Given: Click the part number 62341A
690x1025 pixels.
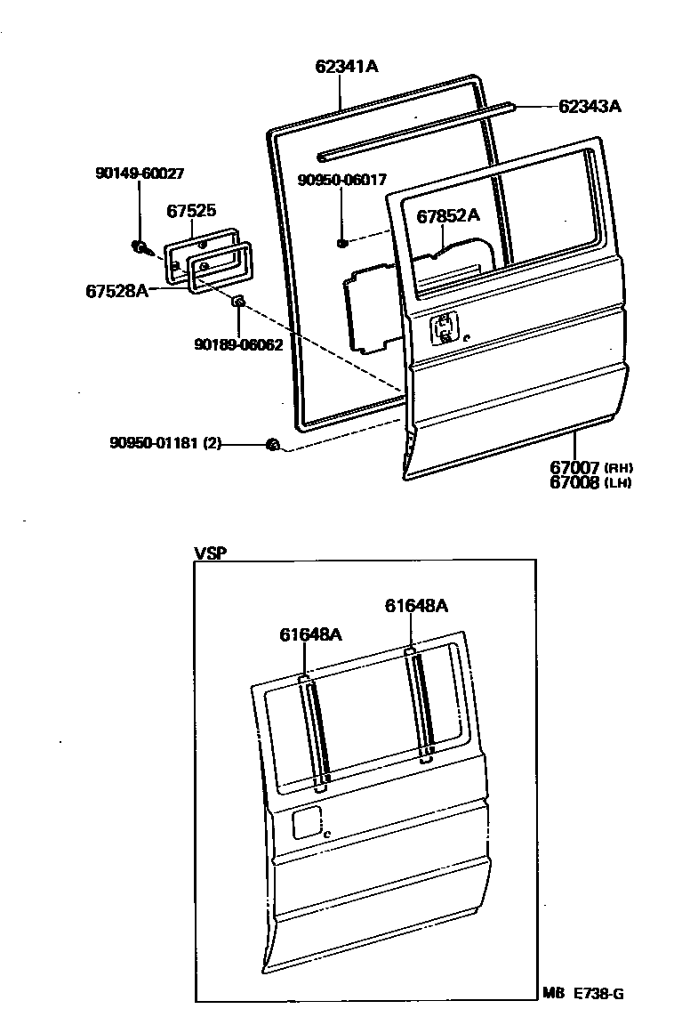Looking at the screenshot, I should point(347,66).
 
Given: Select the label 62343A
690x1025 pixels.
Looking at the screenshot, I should point(590,106).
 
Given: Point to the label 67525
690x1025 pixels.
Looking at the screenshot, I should point(191,211).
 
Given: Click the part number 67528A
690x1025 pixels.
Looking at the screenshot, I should point(116,290).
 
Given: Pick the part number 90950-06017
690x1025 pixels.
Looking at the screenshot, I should point(342,180).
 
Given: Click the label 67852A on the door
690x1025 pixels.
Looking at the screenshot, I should point(448,214).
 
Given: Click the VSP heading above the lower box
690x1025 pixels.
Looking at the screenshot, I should point(210,553).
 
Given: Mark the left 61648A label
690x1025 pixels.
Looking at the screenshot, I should point(310,634).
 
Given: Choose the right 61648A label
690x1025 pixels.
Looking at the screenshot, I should point(416,606).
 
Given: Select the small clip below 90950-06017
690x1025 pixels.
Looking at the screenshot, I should point(342,241).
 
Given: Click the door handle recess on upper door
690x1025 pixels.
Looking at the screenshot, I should point(445,328).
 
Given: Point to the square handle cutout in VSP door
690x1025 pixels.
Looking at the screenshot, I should point(308,822).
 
